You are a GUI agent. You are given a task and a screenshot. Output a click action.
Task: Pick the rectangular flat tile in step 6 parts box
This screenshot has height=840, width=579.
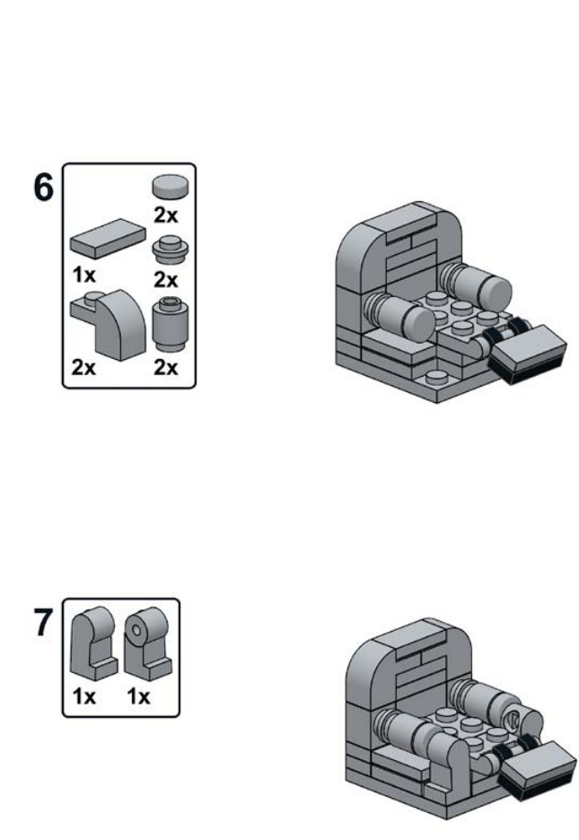pos(103,241)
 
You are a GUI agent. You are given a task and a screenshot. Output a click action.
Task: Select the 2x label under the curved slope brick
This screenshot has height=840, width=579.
pos(84,369)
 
